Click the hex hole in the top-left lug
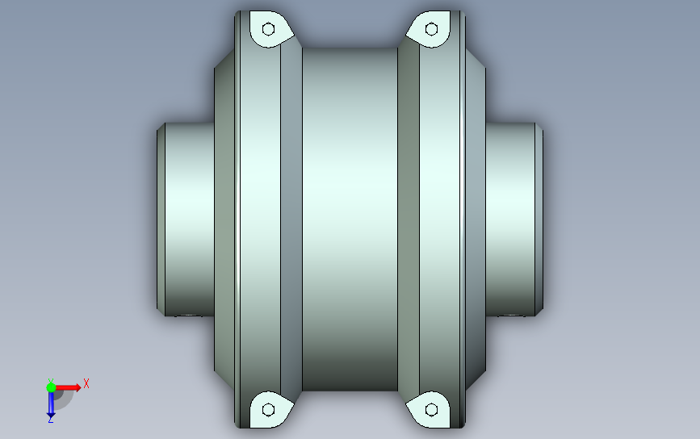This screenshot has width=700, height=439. coord(269,30)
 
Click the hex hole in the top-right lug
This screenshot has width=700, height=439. coord(432,30)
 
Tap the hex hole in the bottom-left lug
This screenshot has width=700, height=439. coord(269,410)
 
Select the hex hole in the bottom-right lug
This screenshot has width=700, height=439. coord(432,410)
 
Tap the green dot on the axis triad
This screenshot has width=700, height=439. coord(51,387)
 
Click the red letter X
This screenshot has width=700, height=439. coord(86,384)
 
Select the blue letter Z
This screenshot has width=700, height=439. coord(51,419)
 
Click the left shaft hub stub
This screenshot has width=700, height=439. coord(190,218)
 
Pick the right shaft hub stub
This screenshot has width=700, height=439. coord(513,218)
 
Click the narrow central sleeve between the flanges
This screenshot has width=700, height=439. coord(350,218)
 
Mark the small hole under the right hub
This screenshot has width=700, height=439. coord(513,315)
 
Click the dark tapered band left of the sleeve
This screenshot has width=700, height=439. coord(291,218)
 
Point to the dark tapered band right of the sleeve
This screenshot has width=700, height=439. coord(409,218)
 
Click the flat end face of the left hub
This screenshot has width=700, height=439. coord(160,218)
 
